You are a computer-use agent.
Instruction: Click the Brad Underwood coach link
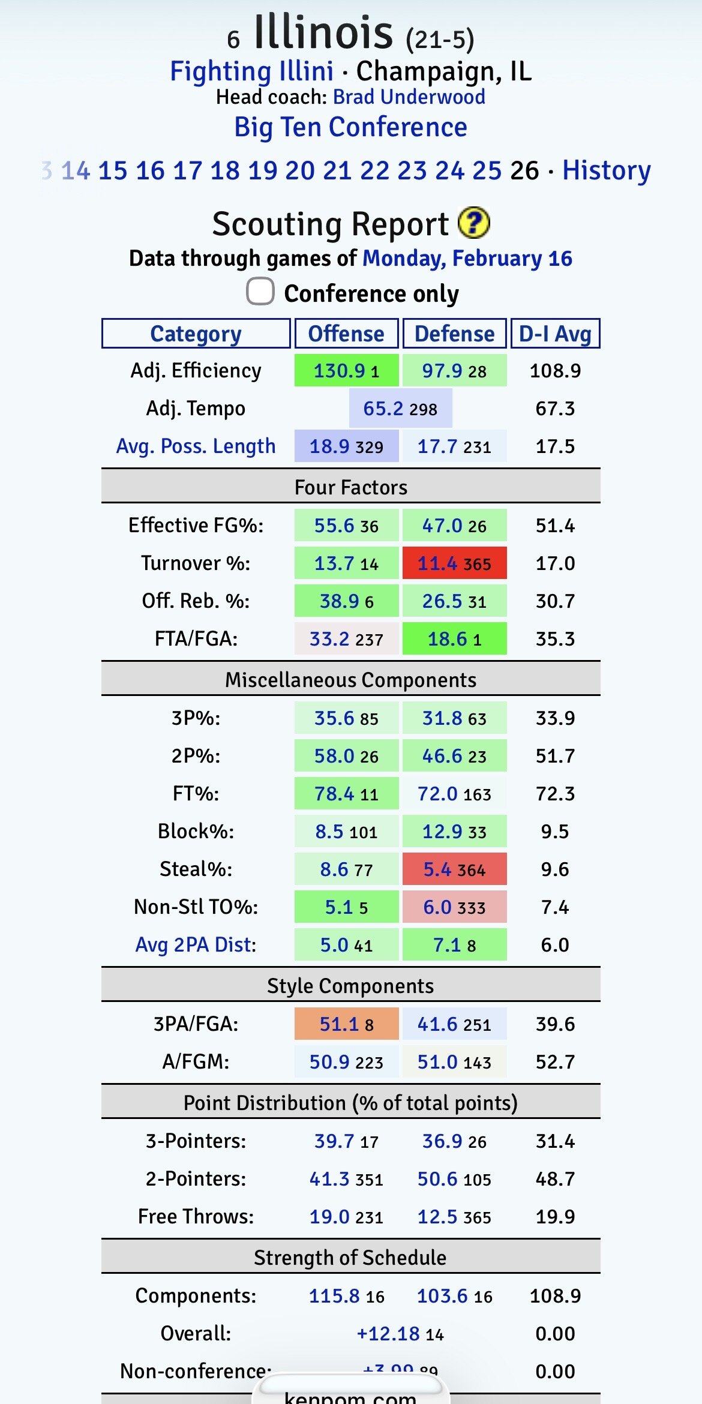click(409, 97)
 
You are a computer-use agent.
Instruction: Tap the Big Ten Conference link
click(350, 127)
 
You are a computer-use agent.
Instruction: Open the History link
click(606, 170)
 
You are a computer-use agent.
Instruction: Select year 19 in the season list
click(262, 170)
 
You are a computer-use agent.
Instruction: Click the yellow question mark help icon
click(473, 223)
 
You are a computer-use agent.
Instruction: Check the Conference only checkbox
click(260, 292)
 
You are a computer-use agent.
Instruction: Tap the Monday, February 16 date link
click(467, 259)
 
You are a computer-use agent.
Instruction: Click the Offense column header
click(346, 334)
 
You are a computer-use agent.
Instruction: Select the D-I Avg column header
click(555, 334)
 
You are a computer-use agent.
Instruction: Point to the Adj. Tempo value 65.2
click(383, 409)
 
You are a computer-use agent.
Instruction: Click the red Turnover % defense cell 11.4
click(454, 563)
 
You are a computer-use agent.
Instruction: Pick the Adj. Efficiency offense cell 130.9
click(346, 371)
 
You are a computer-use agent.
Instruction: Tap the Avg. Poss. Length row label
click(196, 446)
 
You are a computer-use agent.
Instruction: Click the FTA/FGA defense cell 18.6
click(454, 639)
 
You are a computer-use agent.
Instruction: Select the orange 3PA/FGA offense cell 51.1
click(346, 1024)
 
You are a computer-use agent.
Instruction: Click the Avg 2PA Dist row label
click(196, 945)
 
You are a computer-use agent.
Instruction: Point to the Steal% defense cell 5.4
click(454, 869)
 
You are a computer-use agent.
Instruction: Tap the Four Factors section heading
click(350, 487)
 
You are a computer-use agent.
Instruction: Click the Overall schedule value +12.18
click(388, 1334)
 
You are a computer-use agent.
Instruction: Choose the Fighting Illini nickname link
click(251, 71)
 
